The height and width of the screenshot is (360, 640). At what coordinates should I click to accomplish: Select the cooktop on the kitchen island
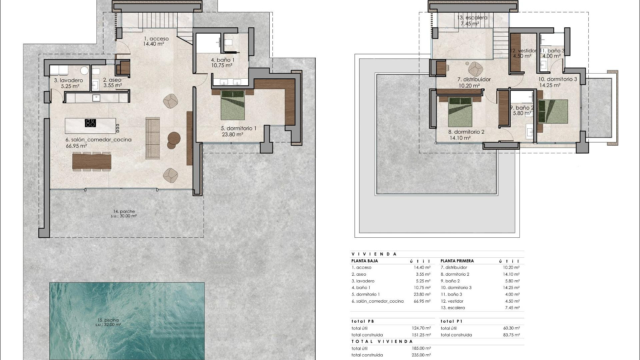click(x=90, y=123)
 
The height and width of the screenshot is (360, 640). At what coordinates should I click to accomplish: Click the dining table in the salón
click(x=92, y=161)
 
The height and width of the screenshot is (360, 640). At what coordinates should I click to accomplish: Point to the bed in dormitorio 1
click(x=233, y=105)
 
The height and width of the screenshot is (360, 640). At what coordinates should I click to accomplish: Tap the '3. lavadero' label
click(x=68, y=80)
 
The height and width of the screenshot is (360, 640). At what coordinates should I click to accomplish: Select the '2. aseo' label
click(x=112, y=80)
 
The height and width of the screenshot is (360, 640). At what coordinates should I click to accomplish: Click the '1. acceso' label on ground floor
click(x=156, y=39)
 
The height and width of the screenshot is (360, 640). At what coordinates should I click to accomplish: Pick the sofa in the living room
click(x=153, y=138)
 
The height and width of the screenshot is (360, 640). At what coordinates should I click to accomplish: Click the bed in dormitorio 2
click(x=460, y=112)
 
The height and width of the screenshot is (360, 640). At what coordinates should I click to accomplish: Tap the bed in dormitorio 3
click(x=553, y=111)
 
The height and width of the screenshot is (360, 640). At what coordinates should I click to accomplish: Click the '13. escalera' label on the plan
click(x=472, y=18)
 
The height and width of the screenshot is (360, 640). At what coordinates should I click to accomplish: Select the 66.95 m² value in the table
click(x=422, y=301)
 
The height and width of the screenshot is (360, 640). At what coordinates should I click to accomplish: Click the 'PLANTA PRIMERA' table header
click(x=457, y=261)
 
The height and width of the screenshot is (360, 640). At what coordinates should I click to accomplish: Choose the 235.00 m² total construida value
click(x=421, y=355)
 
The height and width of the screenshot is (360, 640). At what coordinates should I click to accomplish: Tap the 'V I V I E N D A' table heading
click(x=374, y=254)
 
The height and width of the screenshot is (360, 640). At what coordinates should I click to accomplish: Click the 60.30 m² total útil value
click(x=511, y=328)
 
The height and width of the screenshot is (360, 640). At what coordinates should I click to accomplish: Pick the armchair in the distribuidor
click(x=475, y=69)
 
